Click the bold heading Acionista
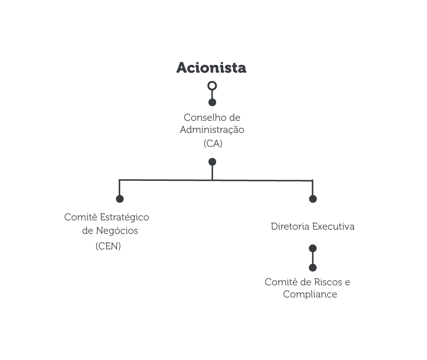pyautogui.click(x=211, y=67)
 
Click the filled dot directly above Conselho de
pyautogui.click(x=212, y=102)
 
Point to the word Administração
pyautogui.click(x=212, y=130)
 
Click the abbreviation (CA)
pyautogui.click(x=213, y=143)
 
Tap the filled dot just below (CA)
pyautogui.click(x=212, y=162)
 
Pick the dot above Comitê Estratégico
pyautogui.click(x=120, y=199)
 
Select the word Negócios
pyautogui.click(x=117, y=231)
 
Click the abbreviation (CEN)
pyautogui.click(x=108, y=246)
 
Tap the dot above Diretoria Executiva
pyautogui.click(x=313, y=199)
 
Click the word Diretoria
pyautogui.click(x=290, y=227)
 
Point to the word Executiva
pyautogui.click(x=333, y=227)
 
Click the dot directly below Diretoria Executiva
pyautogui.click(x=313, y=249)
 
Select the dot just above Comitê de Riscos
pyautogui.click(x=313, y=268)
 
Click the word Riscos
pyautogui.click(x=328, y=282)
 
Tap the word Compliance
pyautogui.click(x=310, y=295)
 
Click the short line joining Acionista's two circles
pyautogui.click(x=212, y=94)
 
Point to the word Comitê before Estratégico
pyautogui.click(x=81, y=217)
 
